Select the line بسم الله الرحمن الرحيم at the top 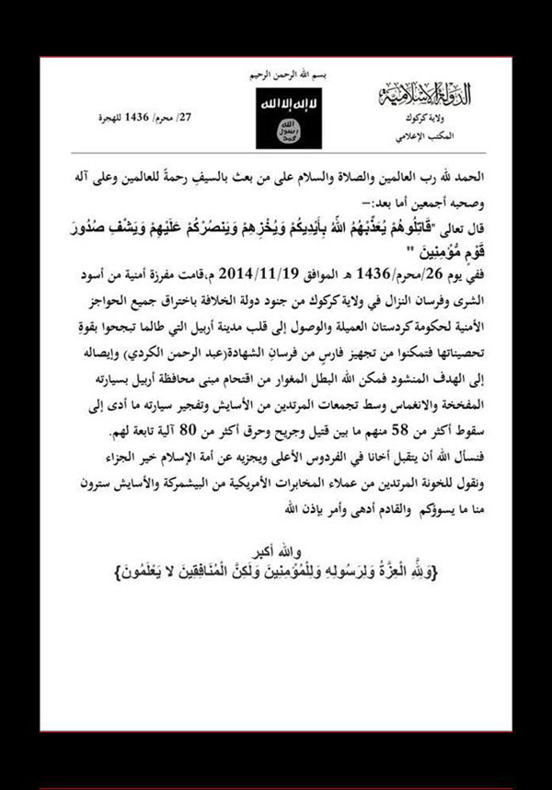(x=277, y=73)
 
